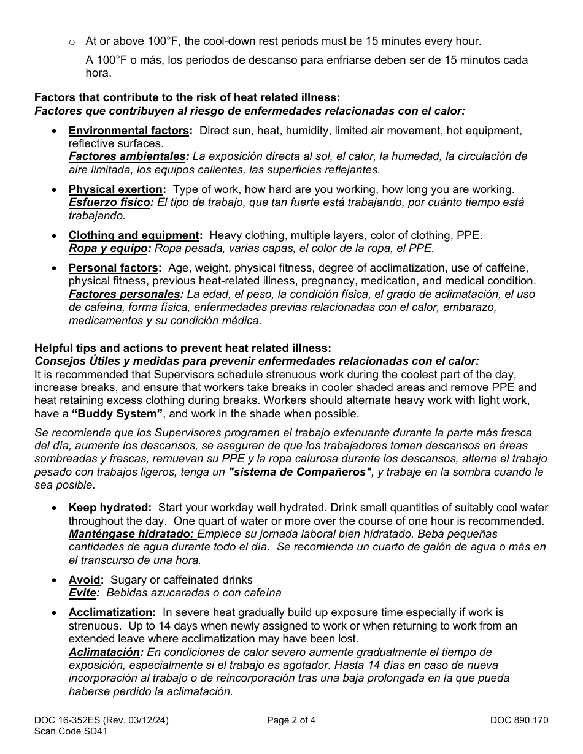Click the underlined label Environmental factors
pyautogui.click(x=128, y=131)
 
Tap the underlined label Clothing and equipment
pyautogui.click(x=134, y=235)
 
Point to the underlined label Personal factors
pyautogui.click(x=114, y=268)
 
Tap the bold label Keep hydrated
pyautogui.click(x=109, y=508)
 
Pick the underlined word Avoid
pyautogui.click(x=85, y=580)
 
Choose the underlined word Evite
pyautogui.click(x=83, y=593)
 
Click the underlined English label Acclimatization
pyautogui.click(x=111, y=612)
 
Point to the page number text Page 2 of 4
pyautogui.click(x=291, y=720)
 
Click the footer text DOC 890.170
pyautogui.click(x=519, y=720)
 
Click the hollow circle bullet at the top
pyautogui.click(x=72, y=42)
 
